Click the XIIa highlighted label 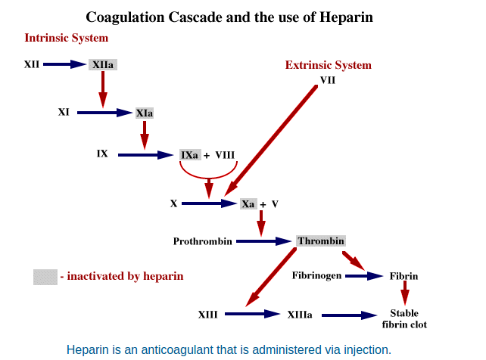click(x=103, y=65)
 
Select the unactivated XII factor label click(x=32, y=64)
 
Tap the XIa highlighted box click(x=145, y=113)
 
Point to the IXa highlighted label click(x=190, y=155)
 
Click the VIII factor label click(x=225, y=155)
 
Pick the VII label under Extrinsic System click(x=328, y=80)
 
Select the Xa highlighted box click(x=248, y=204)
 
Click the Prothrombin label click(x=202, y=241)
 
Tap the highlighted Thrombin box click(x=321, y=241)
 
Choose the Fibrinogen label click(x=316, y=275)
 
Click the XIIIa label click(x=300, y=315)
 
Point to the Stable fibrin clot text click(x=404, y=319)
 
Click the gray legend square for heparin click(x=45, y=277)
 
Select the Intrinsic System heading click(x=67, y=38)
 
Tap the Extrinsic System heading click(x=329, y=65)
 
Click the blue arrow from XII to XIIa click(x=64, y=64)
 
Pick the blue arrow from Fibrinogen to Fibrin click(x=364, y=276)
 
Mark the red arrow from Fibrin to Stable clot click(x=405, y=293)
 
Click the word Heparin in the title click(x=346, y=17)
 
